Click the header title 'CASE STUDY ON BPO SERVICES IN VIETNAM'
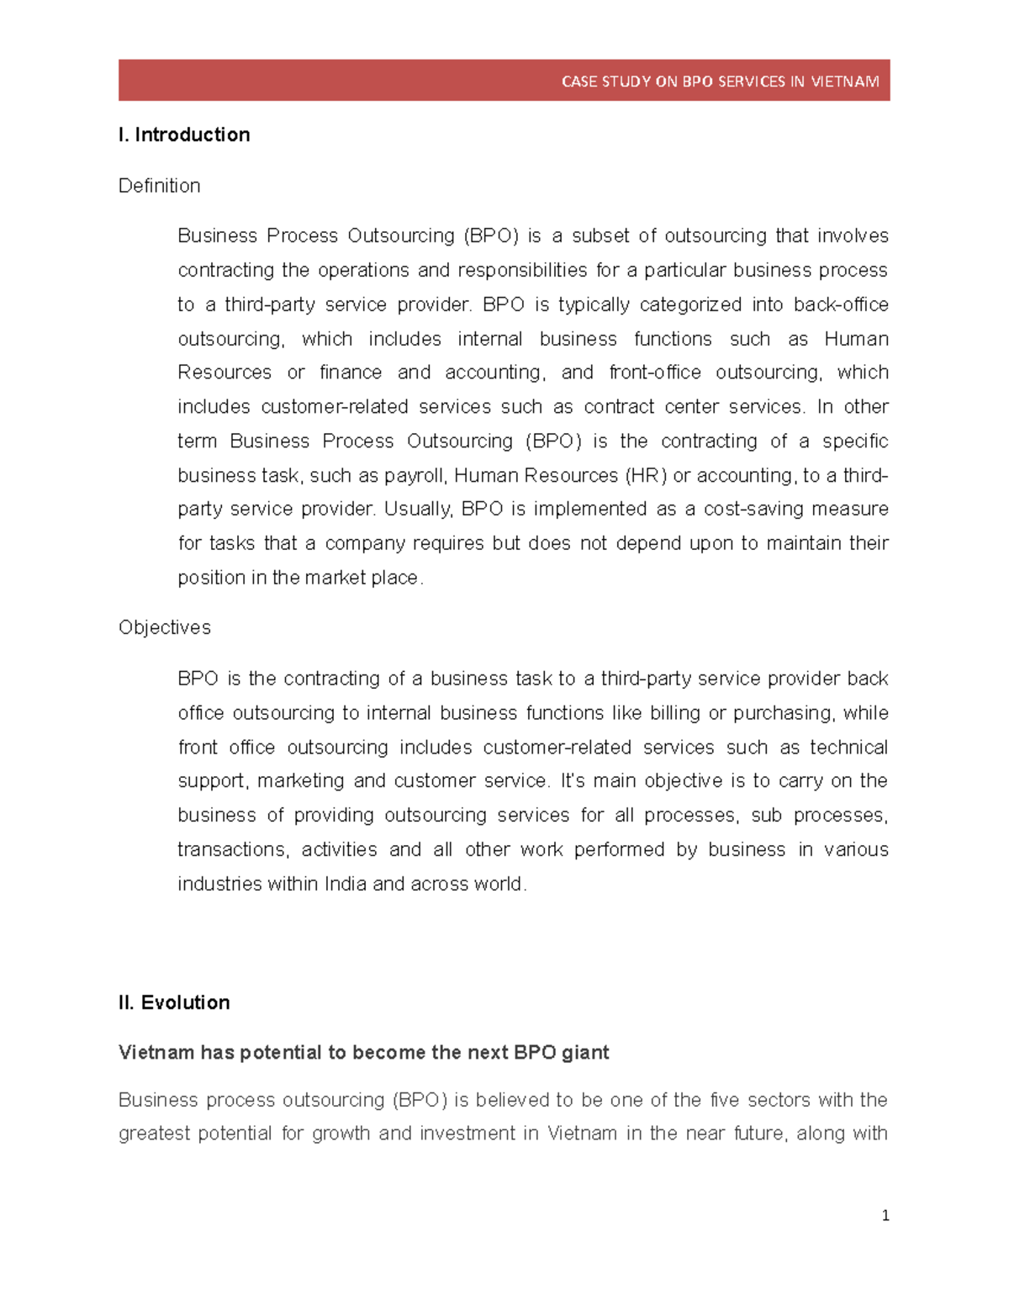point(720,82)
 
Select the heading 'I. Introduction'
point(184,135)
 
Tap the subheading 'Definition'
point(159,186)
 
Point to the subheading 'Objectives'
point(164,627)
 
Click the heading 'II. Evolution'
point(174,1002)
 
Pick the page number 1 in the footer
point(885,1215)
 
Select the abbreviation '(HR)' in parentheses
point(646,476)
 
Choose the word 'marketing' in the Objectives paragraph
point(300,781)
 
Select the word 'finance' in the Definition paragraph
point(350,373)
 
